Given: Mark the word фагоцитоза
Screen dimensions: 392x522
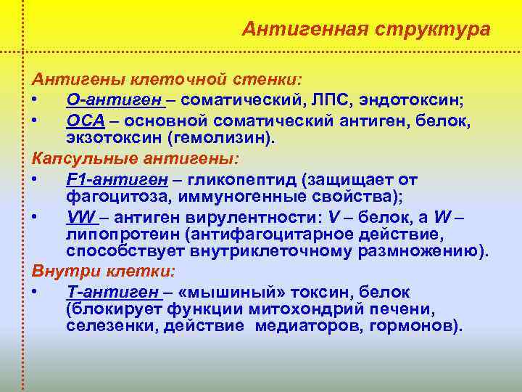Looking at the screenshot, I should pos(112,195).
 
